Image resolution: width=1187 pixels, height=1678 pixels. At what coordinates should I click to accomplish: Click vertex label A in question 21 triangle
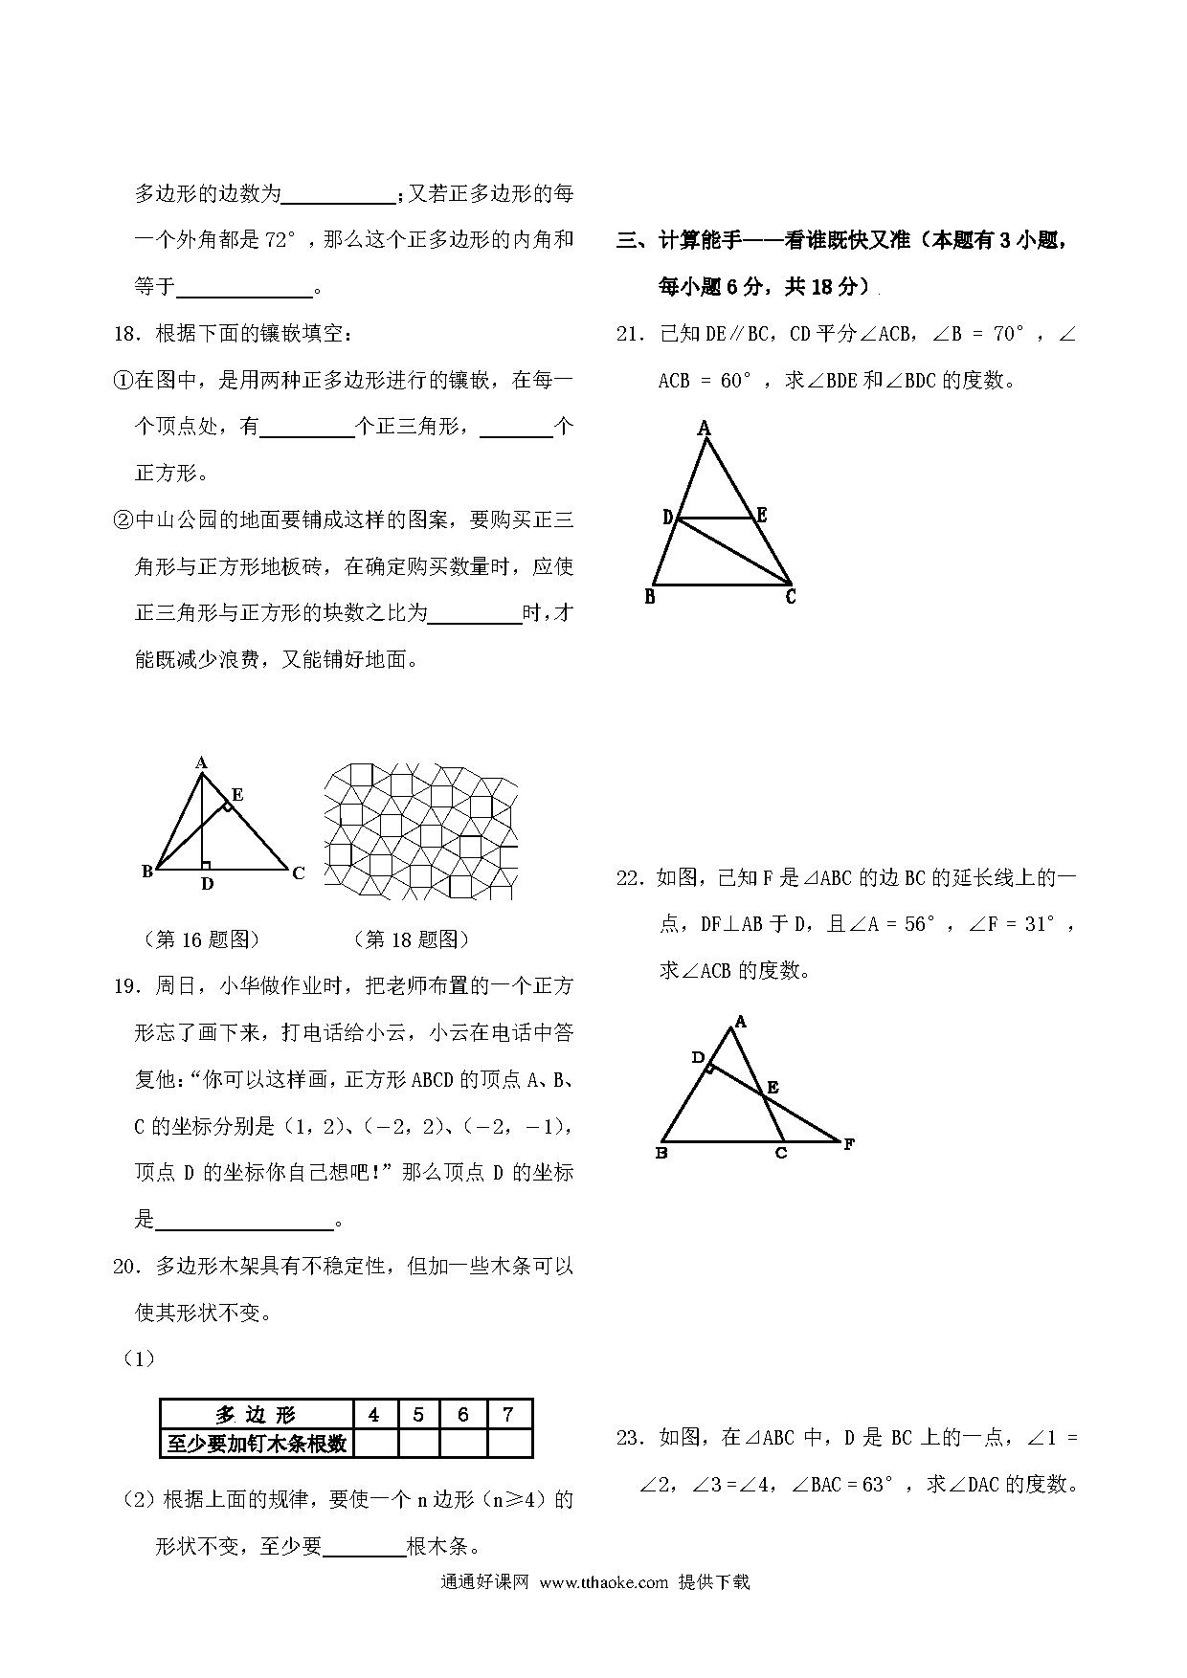click(x=705, y=428)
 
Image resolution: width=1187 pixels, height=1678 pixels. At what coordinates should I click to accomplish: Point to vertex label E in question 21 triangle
click(x=762, y=516)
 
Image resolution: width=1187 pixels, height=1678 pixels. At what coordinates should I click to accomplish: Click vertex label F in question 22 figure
click(x=848, y=1143)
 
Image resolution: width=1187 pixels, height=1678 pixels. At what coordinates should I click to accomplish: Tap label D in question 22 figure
click(x=698, y=1057)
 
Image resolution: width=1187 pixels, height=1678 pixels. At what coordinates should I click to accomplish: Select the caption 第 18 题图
click(x=412, y=939)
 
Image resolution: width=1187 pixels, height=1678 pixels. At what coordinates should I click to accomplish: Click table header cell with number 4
click(x=373, y=1415)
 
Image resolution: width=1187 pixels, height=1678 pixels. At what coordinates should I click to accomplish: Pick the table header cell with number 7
click(x=508, y=1415)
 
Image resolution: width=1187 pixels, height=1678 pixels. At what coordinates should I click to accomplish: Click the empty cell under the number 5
click(x=418, y=1443)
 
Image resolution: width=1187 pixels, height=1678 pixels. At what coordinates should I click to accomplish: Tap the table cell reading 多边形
click(x=256, y=1415)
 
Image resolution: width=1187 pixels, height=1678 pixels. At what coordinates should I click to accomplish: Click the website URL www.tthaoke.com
click(x=603, y=1581)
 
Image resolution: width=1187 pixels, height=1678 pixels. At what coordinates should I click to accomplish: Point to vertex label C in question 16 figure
click(x=299, y=872)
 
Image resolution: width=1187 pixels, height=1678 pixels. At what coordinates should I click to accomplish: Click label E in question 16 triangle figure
click(x=237, y=794)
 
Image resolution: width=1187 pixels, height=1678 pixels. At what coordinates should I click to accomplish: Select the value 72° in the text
click(x=278, y=241)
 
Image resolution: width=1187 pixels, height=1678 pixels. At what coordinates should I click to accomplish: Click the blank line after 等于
click(x=246, y=288)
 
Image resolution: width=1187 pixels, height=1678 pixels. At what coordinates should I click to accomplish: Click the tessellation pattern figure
click(x=421, y=830)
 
